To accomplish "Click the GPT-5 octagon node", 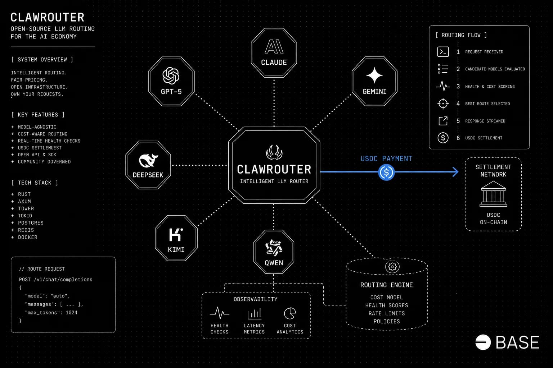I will click(x=171, y=81).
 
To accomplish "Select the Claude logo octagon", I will click(x=274, y=53).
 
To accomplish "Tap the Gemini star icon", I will click(x=374, y=76).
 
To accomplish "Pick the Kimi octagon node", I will click(x=176, y=239).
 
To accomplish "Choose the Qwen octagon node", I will click(x=274, y=252).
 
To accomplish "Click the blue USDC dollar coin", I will click(x=387, y=172).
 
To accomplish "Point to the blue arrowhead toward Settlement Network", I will click(x=455, y=172).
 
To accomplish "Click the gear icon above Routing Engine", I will click(x=392, y=267).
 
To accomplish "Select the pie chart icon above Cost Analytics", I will click(x=290, y=313).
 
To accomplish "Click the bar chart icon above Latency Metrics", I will click(x=254, y=314).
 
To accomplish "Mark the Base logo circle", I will click(x=483, y=342).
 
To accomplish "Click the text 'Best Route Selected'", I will click(x=487, y=104).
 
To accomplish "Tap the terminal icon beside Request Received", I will click(x=443, y=52).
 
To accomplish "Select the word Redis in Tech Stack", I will click(x=26, y=230).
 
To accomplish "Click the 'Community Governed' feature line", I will click(x=44, y=162).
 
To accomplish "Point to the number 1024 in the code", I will click(x=71, y=313).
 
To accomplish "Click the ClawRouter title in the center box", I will click(x=274, y=169).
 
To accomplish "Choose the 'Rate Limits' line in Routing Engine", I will click(x=387, y=313).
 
